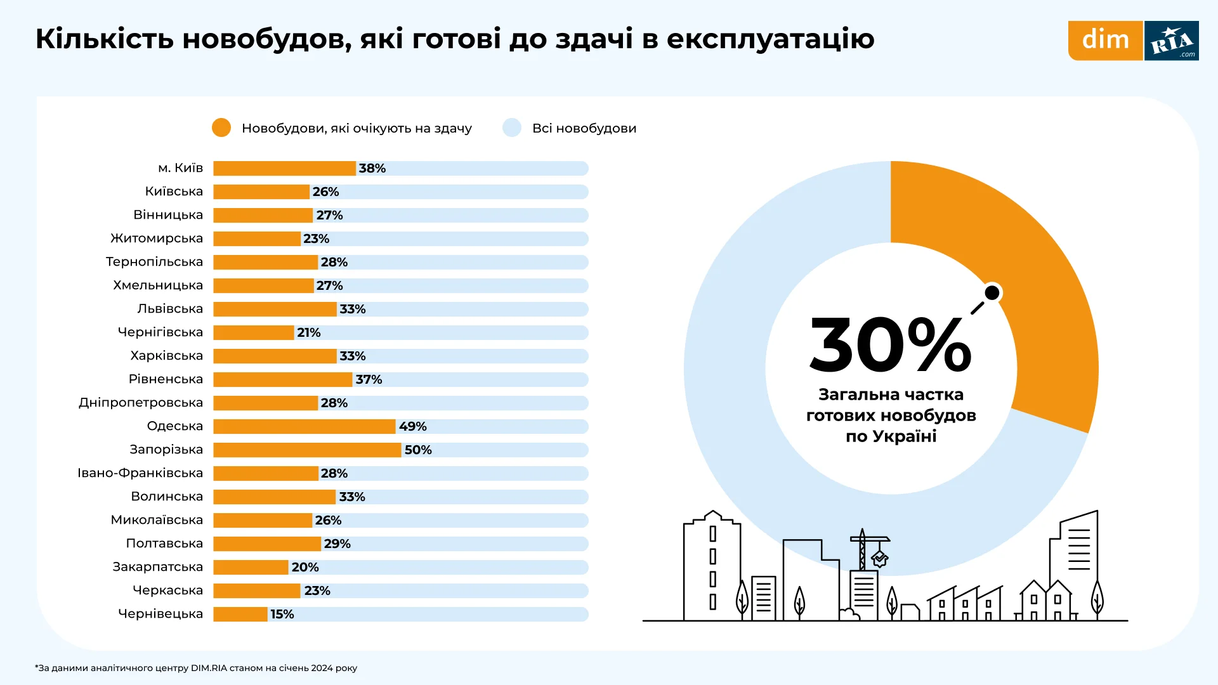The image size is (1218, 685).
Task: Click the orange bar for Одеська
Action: (x=304, y=426)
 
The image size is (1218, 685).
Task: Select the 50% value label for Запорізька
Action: (x=418, y=450)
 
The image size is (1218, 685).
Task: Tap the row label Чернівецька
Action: (x=160, y=614)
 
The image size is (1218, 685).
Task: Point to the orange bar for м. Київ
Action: (x=284, y=168)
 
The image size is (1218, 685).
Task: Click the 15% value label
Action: (x=282, y=614)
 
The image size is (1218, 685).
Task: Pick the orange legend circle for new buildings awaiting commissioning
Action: (x=221, y=127)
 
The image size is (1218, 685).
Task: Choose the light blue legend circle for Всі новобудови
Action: (x=512, y=127)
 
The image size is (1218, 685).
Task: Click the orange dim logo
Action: (x=1105, y=41)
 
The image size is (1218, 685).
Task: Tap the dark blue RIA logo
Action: (x=1172, y=41)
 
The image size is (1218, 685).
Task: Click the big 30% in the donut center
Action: (x=890, y=346)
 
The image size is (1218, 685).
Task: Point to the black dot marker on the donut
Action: (x=992, y=292)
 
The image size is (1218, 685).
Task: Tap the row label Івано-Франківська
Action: (x=140, y=473)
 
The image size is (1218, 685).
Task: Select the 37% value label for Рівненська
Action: (x=369, y=379)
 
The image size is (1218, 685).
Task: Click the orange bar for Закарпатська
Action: (x=251, y=567)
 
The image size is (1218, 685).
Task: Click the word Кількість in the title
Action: (x=105, y=39)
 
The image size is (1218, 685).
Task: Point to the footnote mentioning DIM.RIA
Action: (x=197, y=668)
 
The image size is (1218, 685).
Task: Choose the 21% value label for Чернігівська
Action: (x=309, y=332)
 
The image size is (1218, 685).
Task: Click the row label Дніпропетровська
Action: (x=141, y=403)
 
